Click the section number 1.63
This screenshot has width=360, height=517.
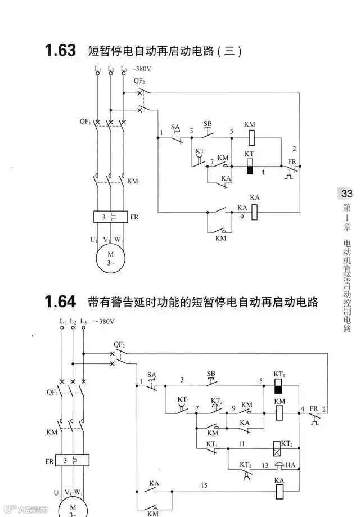[x=60, y=51]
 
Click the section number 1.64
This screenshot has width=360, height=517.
[x=60, y=302]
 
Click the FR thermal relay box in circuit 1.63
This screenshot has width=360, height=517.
[x=110, y=217]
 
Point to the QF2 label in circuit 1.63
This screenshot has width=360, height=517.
[x=139, y=80]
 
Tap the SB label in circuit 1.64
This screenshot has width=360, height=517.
[x=211, y=374]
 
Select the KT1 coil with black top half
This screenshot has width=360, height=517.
[x=278, y=386]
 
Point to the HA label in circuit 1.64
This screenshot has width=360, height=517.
[x=291, y=465]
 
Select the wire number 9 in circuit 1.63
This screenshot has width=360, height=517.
[x=242, y=216]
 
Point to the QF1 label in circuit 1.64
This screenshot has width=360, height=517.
[x=52, y=393]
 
